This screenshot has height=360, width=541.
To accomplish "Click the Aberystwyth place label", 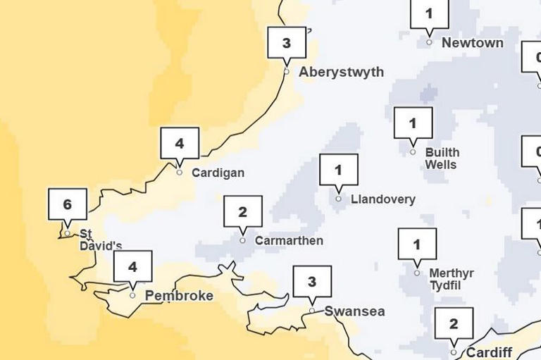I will [x=342, y=72].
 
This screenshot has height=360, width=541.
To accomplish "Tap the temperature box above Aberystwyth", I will [x=287, y=43].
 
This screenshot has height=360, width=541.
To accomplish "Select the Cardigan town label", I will [x=218, y=173].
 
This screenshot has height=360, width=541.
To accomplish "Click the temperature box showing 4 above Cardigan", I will [x=180, y=144].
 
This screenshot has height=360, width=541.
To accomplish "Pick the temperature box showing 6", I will [x=68, y=205].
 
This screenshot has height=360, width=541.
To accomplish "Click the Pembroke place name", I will [x=179, y=296].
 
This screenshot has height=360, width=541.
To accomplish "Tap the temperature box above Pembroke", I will [x=132, y=267].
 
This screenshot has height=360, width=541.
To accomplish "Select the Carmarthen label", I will [x=289, y=241].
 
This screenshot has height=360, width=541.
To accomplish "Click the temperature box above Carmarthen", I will [x=243, y=212].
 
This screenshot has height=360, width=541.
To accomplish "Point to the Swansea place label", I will [x=354, y=311].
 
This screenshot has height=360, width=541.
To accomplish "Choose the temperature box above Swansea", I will [x=312, y=283].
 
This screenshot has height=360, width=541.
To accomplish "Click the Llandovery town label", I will [x=383, y=199].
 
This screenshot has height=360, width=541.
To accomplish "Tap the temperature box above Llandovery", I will [x=339, y=170].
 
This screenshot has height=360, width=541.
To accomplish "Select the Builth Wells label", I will [x=442, y=159].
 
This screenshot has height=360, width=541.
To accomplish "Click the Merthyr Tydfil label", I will [x=452, y=280].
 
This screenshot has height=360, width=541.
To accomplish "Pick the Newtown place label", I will [x=473, y=43].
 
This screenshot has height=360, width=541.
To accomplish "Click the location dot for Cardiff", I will [x=454, y=352].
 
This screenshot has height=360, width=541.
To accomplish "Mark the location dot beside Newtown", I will [x=429, y=42].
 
